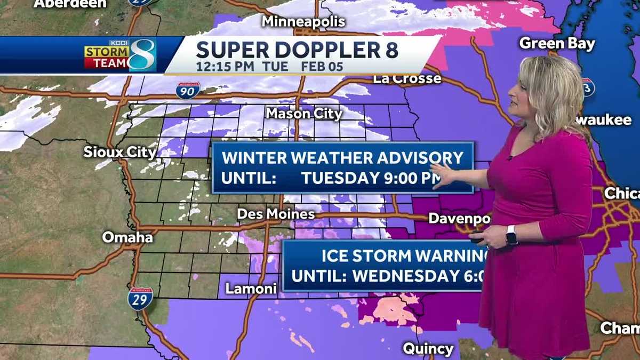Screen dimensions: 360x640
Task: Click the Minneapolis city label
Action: pos(303,22)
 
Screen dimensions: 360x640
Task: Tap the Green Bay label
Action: pos(557,43)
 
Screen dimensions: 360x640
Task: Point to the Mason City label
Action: pos(303,114)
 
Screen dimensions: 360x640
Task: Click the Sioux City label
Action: pos(120,152)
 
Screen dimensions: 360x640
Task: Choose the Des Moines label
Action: pos(275,214)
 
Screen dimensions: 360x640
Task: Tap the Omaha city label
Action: pos(127,237)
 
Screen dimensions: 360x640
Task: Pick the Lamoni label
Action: pos(251,289)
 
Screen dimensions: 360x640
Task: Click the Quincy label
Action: pos(428,349)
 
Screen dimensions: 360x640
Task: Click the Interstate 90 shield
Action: pos(188,90)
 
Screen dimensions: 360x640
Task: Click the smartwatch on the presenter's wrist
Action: pos(511,235)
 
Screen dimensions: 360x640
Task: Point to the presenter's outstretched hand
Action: pos(442,175)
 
